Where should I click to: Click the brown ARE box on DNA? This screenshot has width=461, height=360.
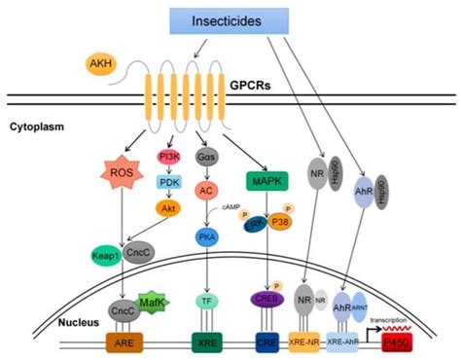126,342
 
